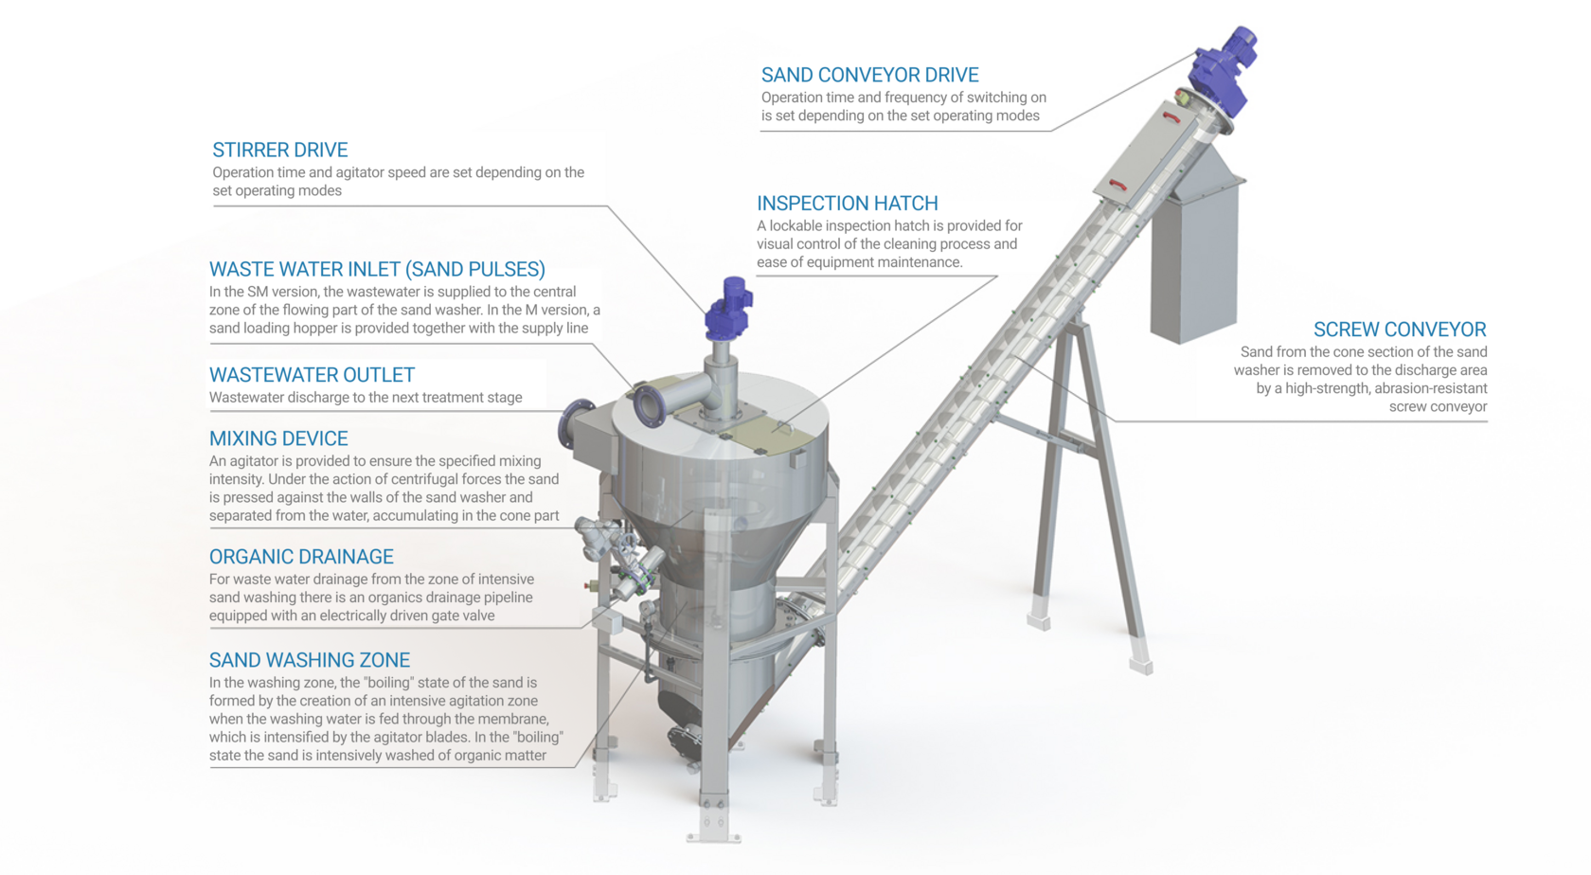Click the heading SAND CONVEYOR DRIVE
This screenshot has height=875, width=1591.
coord(869,75)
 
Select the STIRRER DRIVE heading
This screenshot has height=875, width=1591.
coord(279,150)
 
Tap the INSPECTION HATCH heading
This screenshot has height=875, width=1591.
coord(847,204)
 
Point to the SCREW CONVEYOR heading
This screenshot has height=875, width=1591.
coord(1399,330)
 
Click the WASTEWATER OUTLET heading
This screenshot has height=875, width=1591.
coord(312,375)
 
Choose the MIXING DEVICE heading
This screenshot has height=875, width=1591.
coord(278,438)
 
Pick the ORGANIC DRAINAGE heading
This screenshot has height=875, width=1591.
coord(301,557)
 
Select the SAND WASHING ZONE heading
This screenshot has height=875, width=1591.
coord(310,660)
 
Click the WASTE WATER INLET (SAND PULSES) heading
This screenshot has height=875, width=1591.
coord(377,269)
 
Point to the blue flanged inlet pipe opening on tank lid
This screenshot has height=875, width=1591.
coord(650,405)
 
